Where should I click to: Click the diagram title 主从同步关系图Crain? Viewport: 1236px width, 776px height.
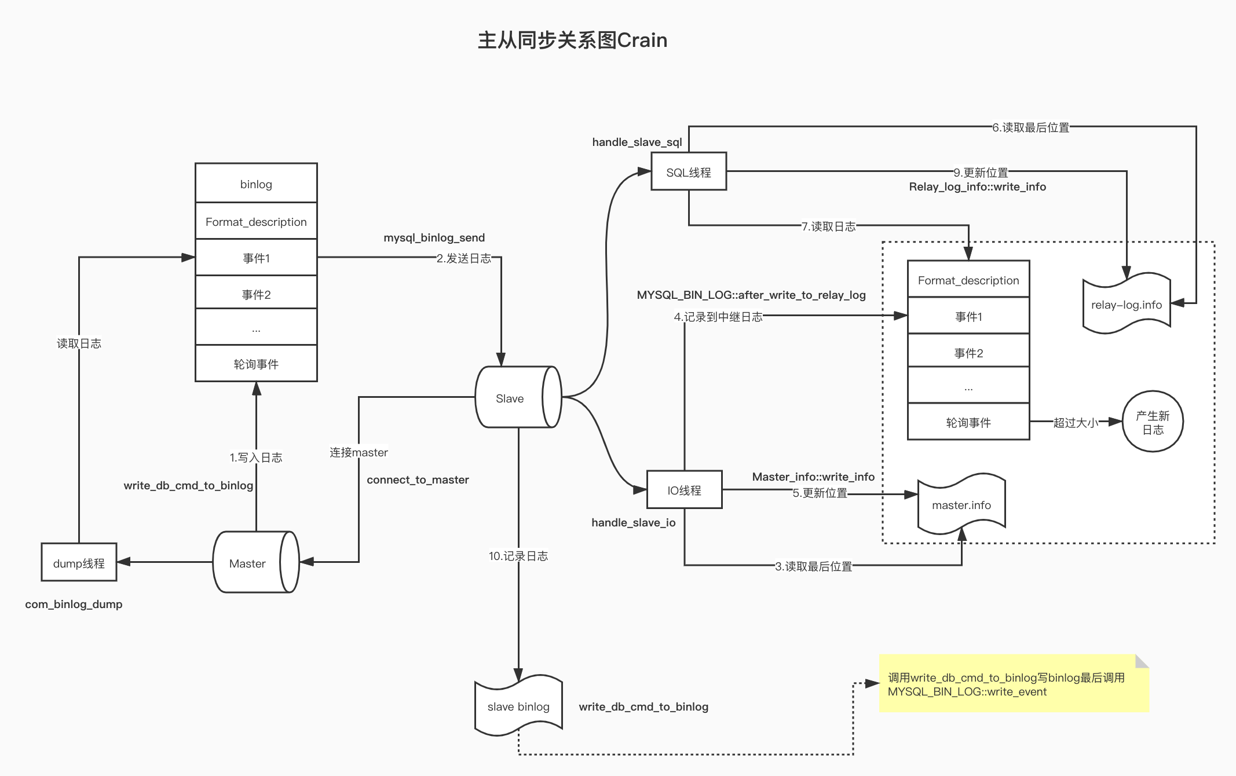(x=572, y=41)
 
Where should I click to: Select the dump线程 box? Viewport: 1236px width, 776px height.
(x=79, y=562)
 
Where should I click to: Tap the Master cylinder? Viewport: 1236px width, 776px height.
(x=248, y=563)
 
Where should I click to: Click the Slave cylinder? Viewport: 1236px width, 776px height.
(x=510, y=398)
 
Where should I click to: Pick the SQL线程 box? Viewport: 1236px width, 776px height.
(x=689, y=172)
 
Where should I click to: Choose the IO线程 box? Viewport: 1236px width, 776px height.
(x=684, y=490)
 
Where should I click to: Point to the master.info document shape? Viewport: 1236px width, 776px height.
(x=961, y=504)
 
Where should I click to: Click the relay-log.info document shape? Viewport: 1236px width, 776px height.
(x=1127, y=305)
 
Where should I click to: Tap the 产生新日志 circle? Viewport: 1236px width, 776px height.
(x=1153, y=422)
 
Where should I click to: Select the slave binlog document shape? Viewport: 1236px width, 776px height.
(x=518, y=706)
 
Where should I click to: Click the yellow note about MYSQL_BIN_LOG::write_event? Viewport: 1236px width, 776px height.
(x=1014, y=684)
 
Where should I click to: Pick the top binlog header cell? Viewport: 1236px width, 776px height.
(x=256, y=184)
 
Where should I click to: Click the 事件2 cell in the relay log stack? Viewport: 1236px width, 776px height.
(x=968, y=353)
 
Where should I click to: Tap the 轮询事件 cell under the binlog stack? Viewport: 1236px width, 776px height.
(x=256, y=364)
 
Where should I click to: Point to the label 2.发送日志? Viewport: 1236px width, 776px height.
(x=464, y=258)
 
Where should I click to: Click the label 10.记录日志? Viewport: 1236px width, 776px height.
(x=518, y=556)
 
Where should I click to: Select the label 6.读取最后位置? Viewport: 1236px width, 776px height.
(x=1031, y=127)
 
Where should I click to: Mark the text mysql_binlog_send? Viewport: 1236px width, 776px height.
(x=434, y=237)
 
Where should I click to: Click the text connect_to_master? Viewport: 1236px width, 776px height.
(x=418, y=479)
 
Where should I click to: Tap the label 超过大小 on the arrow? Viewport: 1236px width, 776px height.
(x=1076, y=423)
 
